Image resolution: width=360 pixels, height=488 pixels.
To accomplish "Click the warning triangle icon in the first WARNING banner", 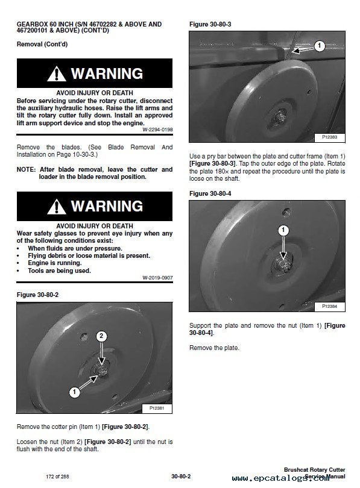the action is pos(56,74).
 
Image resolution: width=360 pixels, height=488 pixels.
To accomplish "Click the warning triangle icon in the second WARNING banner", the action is pos(56,207).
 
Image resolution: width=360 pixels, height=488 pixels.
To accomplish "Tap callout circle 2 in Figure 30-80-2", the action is pos(101,336).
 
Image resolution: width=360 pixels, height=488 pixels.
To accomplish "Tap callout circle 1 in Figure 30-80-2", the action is pos(74,392).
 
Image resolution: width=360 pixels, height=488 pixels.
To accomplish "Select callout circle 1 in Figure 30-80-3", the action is pos(319,46).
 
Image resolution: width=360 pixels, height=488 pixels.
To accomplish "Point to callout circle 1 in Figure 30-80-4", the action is pos(283,230).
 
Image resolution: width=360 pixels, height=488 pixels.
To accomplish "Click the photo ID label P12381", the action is pos(157,408).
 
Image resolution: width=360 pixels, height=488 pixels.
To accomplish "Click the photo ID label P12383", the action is pos(329,137).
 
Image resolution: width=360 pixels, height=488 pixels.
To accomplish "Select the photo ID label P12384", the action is pos(329,307).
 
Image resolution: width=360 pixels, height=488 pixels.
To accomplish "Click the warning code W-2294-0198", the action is pos(157,130).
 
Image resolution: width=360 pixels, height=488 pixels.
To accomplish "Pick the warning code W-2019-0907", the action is pos(157,278).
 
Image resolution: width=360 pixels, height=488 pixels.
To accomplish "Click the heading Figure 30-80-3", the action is pos(210,24).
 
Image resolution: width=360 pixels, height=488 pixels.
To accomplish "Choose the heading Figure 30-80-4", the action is pos(210,193).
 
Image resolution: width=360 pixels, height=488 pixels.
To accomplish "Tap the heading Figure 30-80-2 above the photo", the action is pos(37,295).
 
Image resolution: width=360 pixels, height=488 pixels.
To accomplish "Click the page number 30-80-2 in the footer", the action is pos(181,476).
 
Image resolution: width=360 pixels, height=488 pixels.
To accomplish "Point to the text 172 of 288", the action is pos(57,477).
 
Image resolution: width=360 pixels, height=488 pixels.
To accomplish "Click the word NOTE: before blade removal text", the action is pos(26,170).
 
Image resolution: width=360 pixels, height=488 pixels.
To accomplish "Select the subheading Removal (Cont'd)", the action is pos(42,44).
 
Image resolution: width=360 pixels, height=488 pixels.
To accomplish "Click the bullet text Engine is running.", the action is pos(55,263).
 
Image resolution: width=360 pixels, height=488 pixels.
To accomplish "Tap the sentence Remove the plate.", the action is pos(214,348).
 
